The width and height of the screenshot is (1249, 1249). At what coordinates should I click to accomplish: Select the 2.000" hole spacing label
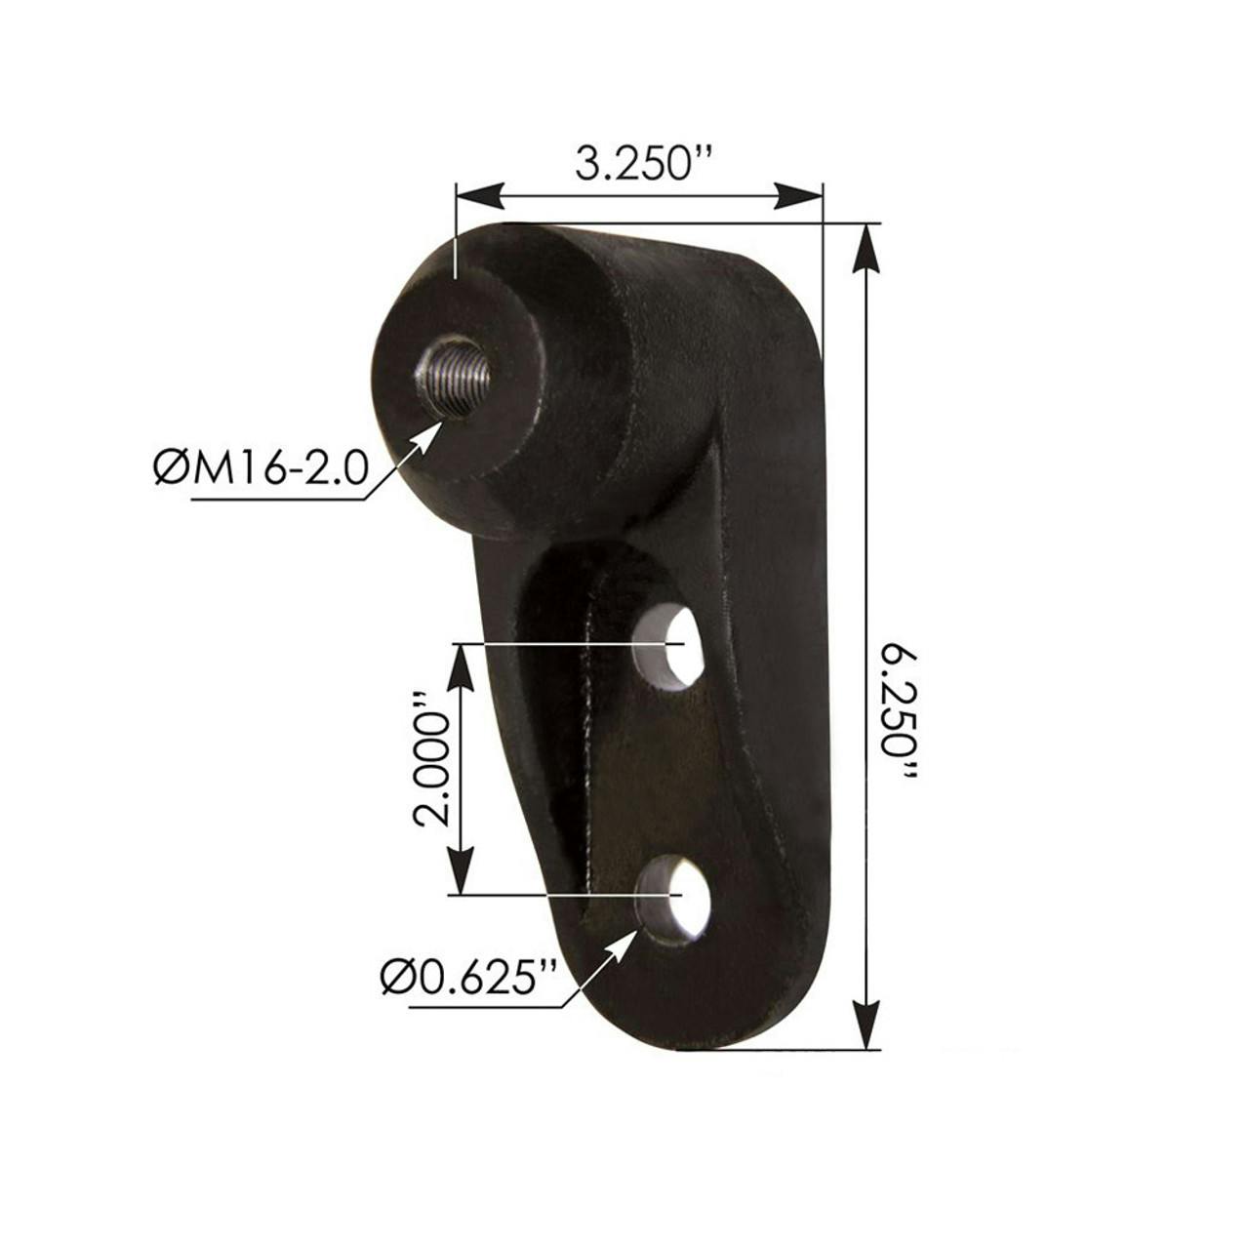click(x=430, y=759)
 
